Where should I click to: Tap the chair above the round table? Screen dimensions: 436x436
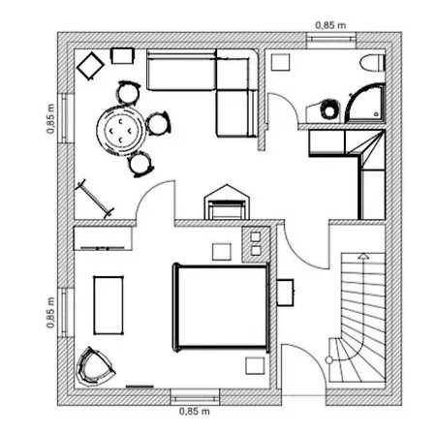[128, 92]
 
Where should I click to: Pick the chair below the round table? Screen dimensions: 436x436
[140, 162]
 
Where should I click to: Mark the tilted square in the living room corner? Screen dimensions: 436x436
[90, 66]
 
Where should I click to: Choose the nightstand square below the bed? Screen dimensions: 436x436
[254, 364]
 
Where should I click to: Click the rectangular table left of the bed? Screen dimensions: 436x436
[109, 302]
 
